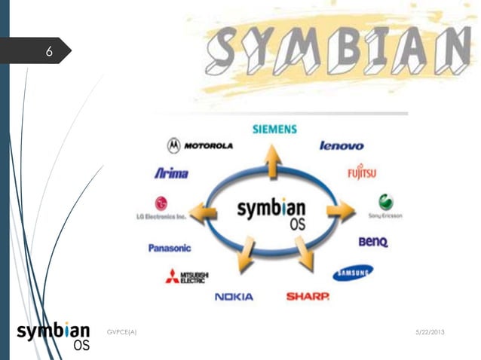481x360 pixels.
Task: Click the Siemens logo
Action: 274,129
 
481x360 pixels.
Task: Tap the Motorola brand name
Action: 208,145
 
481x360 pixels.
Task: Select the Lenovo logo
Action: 342,145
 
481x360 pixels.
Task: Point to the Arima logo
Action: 171,173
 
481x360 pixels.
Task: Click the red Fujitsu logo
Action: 362,172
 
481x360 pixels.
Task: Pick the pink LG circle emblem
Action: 161,203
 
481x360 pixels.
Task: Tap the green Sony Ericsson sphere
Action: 385,202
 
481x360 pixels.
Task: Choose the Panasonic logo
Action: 170,248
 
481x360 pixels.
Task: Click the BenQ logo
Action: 372,243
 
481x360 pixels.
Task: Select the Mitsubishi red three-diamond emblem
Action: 173,276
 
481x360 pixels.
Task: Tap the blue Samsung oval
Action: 353,272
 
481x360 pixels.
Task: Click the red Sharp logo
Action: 308,297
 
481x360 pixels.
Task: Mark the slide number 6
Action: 49,52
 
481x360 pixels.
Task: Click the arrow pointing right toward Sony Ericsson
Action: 342,212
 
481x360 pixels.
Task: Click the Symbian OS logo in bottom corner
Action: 54,336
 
